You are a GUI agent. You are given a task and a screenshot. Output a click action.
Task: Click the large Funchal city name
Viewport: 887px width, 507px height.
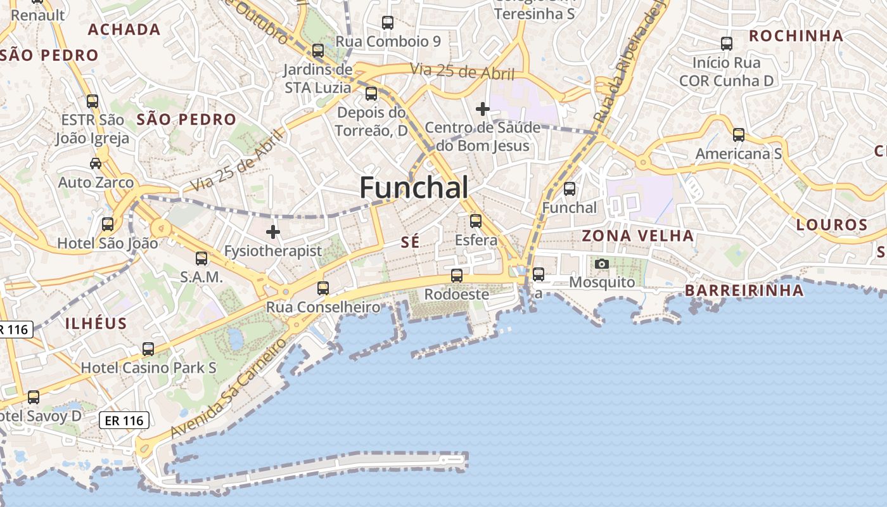414,188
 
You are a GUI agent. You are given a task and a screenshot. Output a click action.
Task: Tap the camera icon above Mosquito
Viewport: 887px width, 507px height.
602,264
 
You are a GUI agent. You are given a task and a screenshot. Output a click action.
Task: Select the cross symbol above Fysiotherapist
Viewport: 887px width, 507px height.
273,232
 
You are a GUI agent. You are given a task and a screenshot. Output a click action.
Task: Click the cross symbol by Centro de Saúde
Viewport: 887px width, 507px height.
483,109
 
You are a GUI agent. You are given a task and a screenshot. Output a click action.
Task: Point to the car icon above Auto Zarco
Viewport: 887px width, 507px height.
96,164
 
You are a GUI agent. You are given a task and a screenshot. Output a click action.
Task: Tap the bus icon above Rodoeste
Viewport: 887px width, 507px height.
456,276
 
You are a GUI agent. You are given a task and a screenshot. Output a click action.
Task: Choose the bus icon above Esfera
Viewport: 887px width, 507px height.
476,221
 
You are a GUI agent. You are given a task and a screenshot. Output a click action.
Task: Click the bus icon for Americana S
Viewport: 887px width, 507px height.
739,134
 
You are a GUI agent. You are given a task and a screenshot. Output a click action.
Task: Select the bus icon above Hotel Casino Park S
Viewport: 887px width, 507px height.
148,349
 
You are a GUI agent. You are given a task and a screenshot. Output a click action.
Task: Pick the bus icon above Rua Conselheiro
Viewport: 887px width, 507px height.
323,288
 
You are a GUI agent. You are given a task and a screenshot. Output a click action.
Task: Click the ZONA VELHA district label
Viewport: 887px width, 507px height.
638,236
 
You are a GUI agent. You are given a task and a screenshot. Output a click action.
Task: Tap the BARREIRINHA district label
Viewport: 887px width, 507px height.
744,291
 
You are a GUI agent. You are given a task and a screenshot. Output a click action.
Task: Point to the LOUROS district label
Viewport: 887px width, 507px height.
832,225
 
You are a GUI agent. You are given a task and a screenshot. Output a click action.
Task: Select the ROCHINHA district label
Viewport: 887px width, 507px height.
796,36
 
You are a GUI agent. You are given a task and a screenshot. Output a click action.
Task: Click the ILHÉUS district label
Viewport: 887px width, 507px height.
96,323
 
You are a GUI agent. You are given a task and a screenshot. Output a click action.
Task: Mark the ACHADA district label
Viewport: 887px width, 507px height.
124,29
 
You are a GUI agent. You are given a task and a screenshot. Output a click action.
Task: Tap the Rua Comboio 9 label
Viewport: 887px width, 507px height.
388,42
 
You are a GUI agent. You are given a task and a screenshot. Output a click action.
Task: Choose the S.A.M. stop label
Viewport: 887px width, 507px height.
201,277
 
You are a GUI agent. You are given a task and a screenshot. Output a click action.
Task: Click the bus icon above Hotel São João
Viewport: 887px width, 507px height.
108,224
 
